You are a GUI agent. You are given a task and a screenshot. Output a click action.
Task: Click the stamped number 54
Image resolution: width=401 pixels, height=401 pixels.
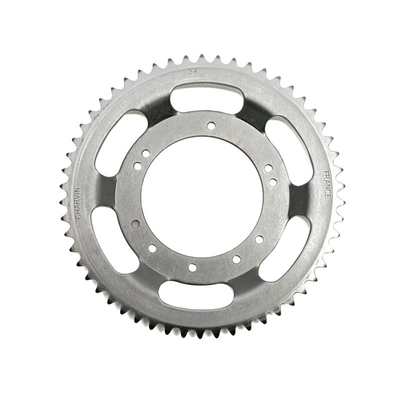192,70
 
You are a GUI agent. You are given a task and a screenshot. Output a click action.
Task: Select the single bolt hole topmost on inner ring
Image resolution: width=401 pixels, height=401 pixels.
211,125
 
